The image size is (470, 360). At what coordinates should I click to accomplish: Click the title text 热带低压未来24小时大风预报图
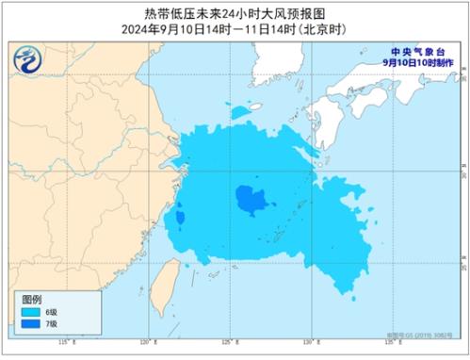tap(235, 13)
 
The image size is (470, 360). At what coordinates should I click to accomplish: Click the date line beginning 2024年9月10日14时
tap(235, 29)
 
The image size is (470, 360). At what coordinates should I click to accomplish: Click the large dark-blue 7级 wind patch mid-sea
tap(250, 199)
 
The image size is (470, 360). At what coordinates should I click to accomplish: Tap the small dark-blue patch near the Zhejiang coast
tap(178, 219)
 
